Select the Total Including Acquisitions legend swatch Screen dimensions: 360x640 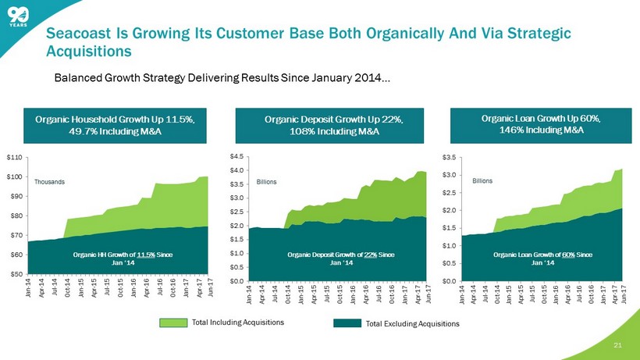click(179, 322)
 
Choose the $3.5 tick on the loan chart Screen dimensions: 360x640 click(451, 158)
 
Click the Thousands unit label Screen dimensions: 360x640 click(49, 181)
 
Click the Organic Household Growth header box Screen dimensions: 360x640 click(114, 125)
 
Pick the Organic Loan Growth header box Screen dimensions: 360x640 click(546, 124)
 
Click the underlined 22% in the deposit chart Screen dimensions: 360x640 click(372, 255)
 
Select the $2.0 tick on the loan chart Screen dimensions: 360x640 click(451, 210)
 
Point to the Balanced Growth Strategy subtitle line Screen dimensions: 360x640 click(222, 79)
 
